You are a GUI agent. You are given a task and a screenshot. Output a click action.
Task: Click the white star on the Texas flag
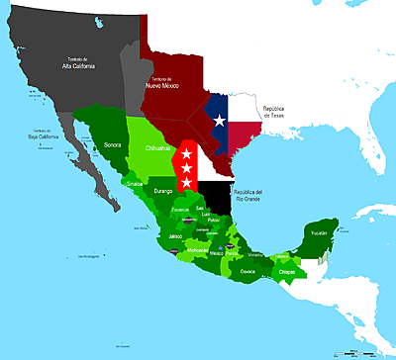coord(219,121)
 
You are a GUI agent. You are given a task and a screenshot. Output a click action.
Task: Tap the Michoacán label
coord(197,251)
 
